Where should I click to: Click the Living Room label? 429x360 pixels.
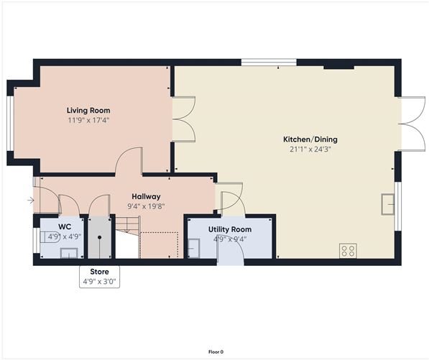click(88, 111)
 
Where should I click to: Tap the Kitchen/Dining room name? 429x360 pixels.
click(310, 139)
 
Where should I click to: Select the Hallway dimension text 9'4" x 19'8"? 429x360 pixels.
click(146, 206)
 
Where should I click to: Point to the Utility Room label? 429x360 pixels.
click(230, 229)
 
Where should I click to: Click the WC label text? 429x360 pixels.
click(65, 226)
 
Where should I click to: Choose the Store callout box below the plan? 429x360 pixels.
click(100, 277)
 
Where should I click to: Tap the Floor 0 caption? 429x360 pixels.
click(216, 352)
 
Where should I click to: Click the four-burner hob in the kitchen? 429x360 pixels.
click(348, 251)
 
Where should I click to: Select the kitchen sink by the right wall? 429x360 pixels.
click(388, 204)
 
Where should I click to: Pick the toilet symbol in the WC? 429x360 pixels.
click(49, 237)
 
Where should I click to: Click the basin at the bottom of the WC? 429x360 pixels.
click(69, 253)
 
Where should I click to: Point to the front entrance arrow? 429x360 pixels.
click(31, 200)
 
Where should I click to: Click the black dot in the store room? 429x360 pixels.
click(100, 237)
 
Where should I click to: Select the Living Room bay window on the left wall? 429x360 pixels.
click(10, 124)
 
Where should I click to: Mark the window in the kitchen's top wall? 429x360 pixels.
click(269, 63)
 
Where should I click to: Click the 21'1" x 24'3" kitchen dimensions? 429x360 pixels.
click(310, 149)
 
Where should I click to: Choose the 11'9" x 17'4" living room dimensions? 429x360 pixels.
click(88, 120)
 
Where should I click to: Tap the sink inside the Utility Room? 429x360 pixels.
click(194, 248)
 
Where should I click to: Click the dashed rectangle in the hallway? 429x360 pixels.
click(160, 245)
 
